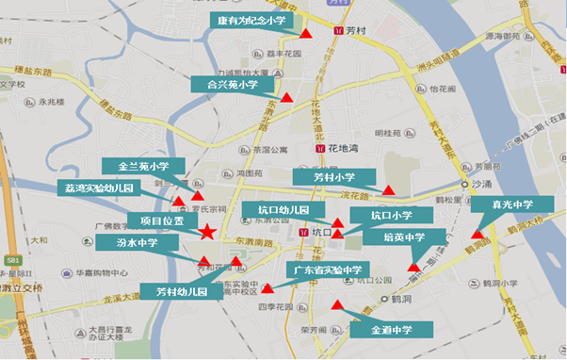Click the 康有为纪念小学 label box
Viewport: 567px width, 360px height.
point(252,20)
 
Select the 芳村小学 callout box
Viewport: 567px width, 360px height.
point(334,176)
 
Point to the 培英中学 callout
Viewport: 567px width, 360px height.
point(404,237)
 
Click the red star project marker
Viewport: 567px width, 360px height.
point(207,232)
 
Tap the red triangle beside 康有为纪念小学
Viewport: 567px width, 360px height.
point(306,34)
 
